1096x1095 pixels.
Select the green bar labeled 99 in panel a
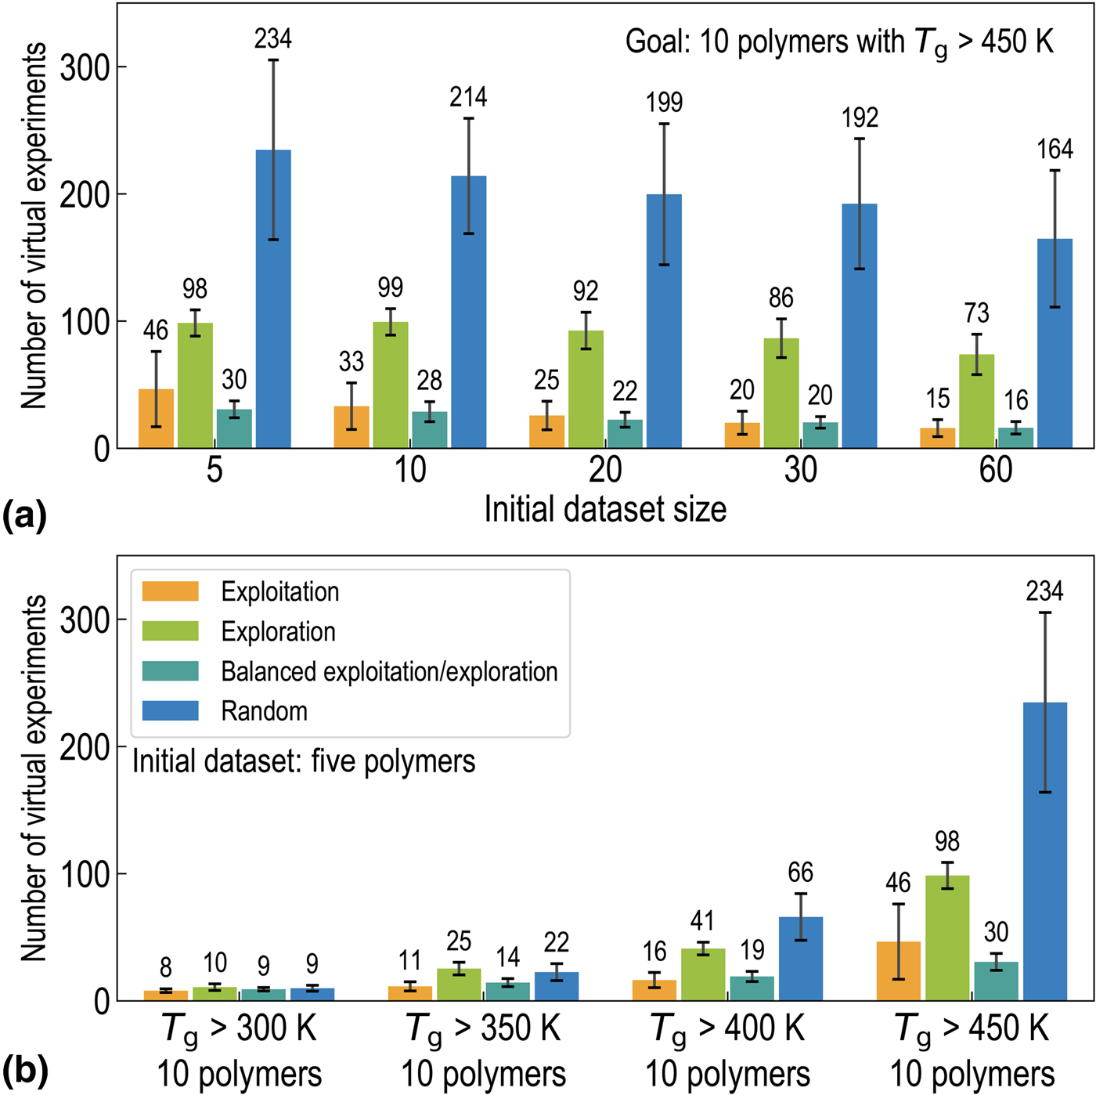click(x=390, y=385)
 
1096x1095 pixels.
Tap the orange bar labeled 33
click(x=351, y=427)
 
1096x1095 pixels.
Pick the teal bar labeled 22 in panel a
click(x=625, y=434)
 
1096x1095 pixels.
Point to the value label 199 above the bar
click(x=664, y=103)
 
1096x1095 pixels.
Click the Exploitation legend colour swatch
click(x=170, y=591)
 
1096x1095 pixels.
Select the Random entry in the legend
click(x=264, y=711)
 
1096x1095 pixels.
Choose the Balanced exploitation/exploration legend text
click(x=389, y=671)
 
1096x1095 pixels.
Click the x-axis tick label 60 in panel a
click(x=996, y=470)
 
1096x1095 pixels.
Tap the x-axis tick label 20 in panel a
click(x=605, y=470)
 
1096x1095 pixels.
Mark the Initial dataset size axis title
click(x=605, y=509)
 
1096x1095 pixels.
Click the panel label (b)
click(x=25, y=1070)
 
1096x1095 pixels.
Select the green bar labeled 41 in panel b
click(x=703, y=974)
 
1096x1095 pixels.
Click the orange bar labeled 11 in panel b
click(x=410, y=993)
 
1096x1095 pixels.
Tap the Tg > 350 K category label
click(x=484, y=1029)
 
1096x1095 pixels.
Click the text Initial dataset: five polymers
click(x=304, y=761)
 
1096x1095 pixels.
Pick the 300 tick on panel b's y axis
click(x=85, y=620)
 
